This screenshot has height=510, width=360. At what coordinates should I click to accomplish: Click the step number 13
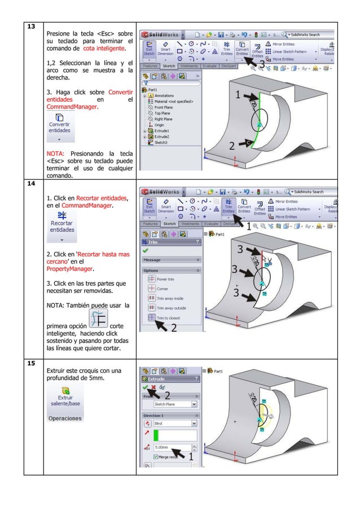tap(32, 27)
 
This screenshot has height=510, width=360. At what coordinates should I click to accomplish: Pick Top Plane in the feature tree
tap(164, 113)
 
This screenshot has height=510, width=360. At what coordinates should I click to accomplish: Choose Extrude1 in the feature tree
tap(163, 131)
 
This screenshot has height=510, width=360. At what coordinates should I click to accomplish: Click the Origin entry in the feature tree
tap(161, 125)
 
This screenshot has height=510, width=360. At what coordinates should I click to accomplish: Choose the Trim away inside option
tap(169, 298)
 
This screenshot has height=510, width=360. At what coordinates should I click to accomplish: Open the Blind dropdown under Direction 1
tap(175, 422)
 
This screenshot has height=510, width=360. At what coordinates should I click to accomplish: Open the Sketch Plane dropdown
tap(175, 404)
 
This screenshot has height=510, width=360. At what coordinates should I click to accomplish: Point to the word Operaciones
tap(65, 419)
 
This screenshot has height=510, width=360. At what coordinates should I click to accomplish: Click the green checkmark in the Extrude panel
tap(146, 387)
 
